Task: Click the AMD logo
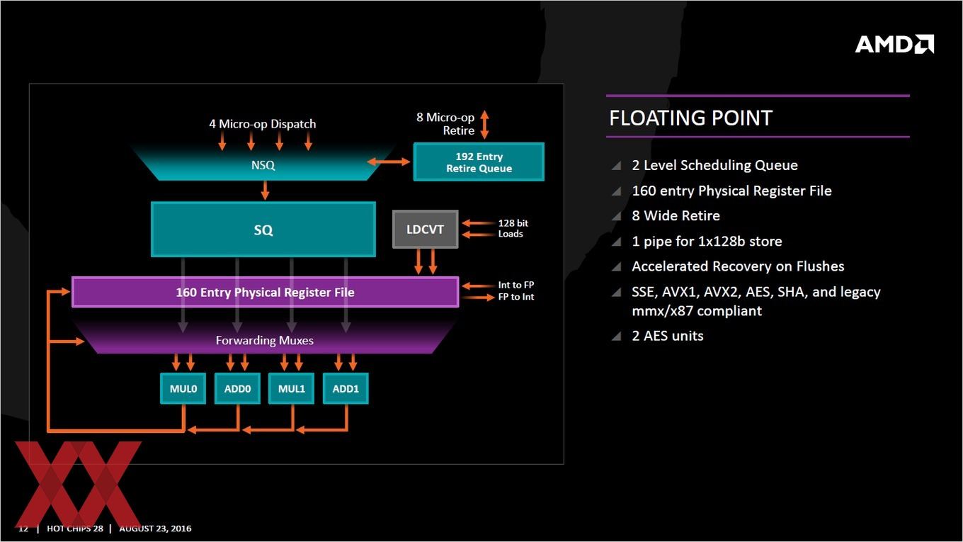pyautogui.click(x=894, y=44)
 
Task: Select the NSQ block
pyautogui.click(x=263, y=165)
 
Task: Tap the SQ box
pyautogui.click(x=263, y=230)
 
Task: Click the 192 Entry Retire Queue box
pyautogui.click(x=479, y=162)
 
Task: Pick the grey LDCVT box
pyautogui.click(x=425, y=230)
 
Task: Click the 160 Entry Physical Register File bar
pyautogui.click(x=266, y=292)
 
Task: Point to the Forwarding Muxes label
pyautogui.click(x=264, y=340)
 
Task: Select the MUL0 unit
pyautogui.click(x=183, y=388)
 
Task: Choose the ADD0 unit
pyautogui.click(x=237, y=388)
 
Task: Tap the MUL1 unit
pyautogui.click(x=292, y=388)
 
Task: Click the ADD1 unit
pyautogui.click(x=346, y=388)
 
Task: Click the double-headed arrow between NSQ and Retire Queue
pyautogui.click(x=389, y=162)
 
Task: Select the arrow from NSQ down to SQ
pyautogui.click(x=265, y=191)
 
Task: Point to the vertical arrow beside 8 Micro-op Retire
pyautogui.click(x=484, y=124)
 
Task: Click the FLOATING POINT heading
pyautogui.click(x=691, y=118)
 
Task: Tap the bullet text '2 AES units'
pyautogui.click(x=668, y=336)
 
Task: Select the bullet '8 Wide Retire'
pyautogui.click(x=676, y=215)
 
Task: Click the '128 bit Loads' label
pyautogui.click(x=513, y=228)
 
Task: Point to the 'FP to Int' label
pyautogui.click(x=516, y=297)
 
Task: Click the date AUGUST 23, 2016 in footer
pyautogui.click(x=155, y=529)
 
